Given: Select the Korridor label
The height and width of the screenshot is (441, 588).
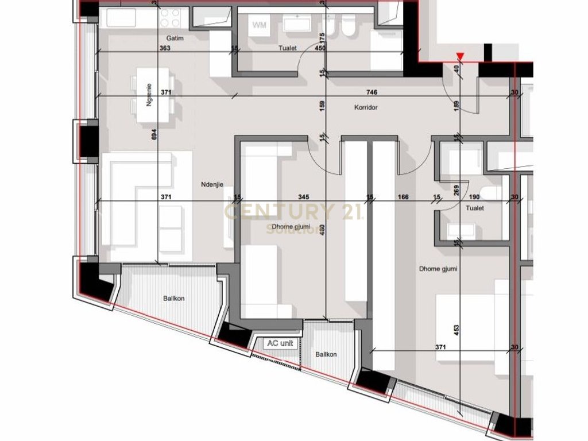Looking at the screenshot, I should tap(365, 107).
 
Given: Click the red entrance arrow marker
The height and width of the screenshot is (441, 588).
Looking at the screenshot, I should tap(459, 56).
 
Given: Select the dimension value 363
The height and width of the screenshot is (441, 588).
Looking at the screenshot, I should tap(165, 49).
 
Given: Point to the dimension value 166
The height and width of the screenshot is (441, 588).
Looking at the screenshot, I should tap(403, 198).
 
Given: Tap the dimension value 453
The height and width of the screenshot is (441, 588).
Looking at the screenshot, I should tap(457, 330).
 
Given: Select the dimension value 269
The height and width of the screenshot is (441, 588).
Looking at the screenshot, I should tap(457, 189).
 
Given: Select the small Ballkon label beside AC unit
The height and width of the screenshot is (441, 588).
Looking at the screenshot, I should tap(326, 354).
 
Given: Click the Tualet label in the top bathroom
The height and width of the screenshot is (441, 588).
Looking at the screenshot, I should tap(287, 48).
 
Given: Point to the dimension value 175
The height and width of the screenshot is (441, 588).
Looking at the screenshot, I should tap(322, 39).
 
